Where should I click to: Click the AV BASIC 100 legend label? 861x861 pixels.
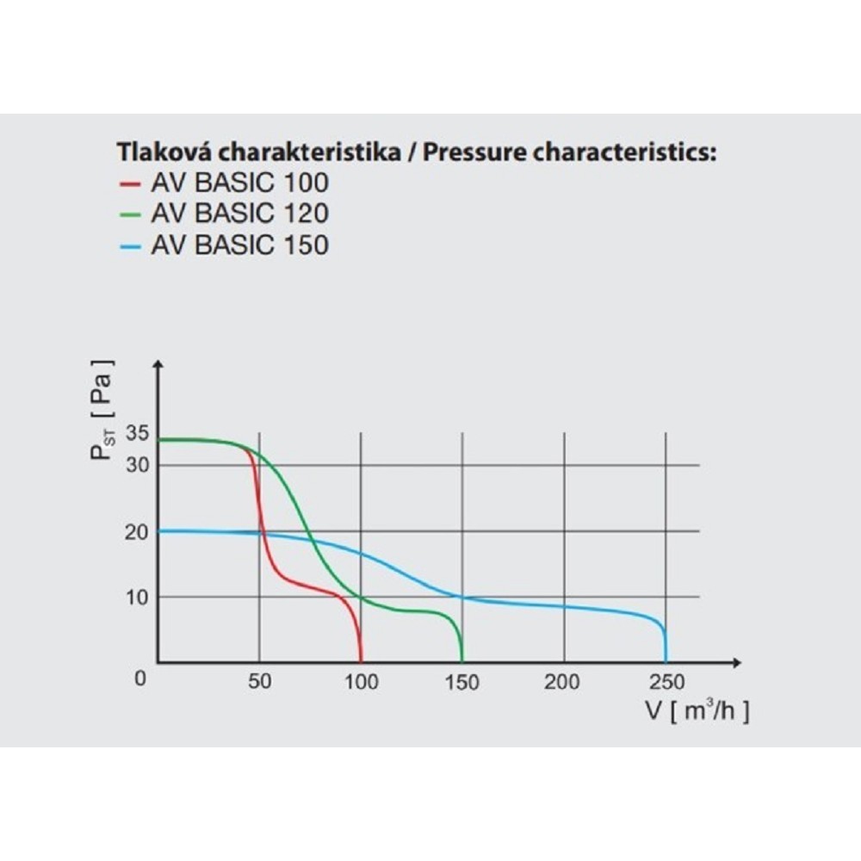point(239,183)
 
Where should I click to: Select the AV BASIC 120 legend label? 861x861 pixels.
point(239,214)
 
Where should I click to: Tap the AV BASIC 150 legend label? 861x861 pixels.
point(239,245)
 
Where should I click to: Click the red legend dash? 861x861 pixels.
point(130,183)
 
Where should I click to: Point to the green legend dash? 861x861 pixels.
point(130,214)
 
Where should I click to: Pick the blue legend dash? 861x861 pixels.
point(130,245)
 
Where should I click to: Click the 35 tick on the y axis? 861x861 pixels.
point(138,433)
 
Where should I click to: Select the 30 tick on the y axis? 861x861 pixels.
point(138,465)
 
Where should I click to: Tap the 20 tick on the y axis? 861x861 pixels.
point(138,531)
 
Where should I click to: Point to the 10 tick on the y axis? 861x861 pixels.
point(138,597)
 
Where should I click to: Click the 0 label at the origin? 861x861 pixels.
point(141,678)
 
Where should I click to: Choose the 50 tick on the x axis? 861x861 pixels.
point(259,682)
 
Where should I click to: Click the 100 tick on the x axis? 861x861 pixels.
point(361,682)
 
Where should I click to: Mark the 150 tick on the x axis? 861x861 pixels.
point(462,682)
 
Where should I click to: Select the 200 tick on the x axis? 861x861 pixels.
point(564,682)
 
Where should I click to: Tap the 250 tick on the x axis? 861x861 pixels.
point(666,682)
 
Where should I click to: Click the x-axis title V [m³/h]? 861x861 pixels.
point(697,711)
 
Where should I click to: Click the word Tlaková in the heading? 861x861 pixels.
point(164,153)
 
